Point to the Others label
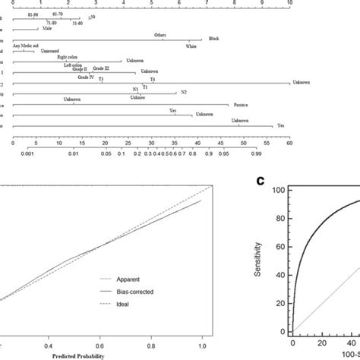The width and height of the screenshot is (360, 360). click(159, 35)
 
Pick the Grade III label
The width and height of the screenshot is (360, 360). click(101, 68)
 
